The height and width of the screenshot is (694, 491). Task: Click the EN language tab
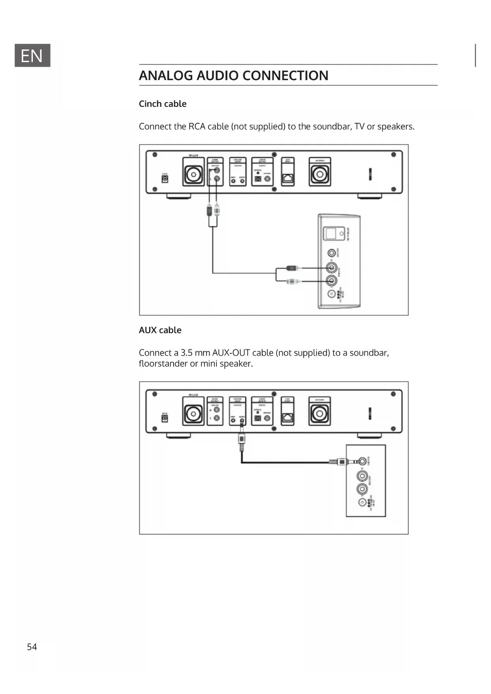(32, 55)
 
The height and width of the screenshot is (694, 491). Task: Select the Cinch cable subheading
(163, 104)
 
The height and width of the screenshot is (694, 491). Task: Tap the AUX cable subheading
(160, 330)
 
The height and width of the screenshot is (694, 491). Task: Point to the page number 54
(32, 647)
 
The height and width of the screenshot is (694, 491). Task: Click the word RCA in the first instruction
(197, 127)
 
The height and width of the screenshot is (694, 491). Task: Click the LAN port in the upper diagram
(288, 178)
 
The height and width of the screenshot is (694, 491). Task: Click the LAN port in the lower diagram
(288, 417)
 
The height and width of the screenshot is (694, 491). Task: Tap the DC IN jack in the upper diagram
(165, 179)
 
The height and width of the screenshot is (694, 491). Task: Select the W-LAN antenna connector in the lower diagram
(193, 414)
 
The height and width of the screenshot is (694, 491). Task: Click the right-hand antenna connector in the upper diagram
(320, 174)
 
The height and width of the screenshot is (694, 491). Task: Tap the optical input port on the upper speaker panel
(330, 233)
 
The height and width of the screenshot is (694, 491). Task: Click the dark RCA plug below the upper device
(209, 210)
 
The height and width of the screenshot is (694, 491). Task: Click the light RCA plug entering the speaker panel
(292, 281)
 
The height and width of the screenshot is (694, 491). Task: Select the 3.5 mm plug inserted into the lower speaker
(341, 461)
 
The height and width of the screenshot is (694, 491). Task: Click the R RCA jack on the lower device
(217, 410)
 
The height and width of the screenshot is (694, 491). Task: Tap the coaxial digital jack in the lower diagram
(267, 418)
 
